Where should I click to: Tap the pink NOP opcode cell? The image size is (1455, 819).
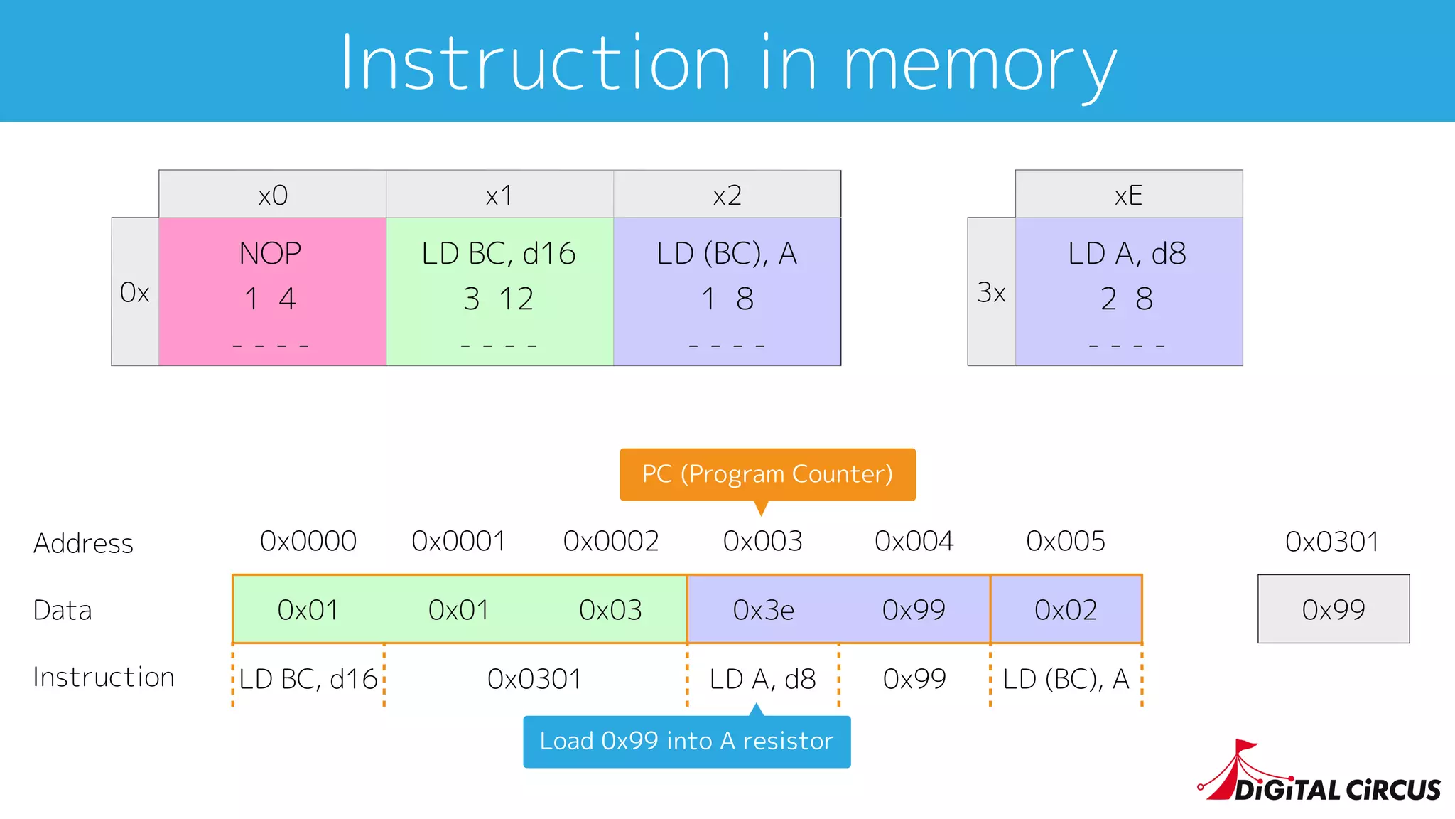point(272,291)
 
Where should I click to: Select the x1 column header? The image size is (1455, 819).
point(499,195)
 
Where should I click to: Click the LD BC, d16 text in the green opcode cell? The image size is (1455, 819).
point(499,254)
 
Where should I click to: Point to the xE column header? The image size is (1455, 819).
point(1128,195)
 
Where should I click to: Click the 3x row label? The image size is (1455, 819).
point(991,292)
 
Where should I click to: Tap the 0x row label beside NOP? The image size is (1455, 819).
point(135,292)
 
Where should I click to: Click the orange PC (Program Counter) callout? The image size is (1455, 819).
point(767,474)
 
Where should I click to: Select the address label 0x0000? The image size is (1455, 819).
point(308,542)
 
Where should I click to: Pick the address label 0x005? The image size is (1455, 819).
point(1066,542)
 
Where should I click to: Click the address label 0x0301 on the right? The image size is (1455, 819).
point(1332,542)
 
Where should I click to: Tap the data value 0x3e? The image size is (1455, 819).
point(763,610)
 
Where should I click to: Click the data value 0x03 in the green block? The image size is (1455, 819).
point(610,610)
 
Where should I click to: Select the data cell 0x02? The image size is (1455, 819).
point(1066,610)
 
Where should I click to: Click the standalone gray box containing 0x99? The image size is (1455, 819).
point(1333,609)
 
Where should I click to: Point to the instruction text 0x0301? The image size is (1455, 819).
point(534,679)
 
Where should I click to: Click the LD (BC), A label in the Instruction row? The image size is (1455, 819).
point(1066,679)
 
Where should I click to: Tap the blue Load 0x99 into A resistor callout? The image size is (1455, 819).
point(686,742)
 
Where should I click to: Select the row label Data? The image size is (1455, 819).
point(63,611)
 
